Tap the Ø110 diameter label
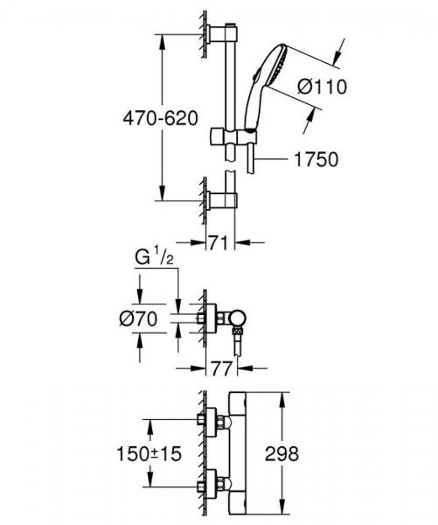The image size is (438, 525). [x=323, y=86]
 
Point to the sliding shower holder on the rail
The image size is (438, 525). [x=226, y=138]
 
